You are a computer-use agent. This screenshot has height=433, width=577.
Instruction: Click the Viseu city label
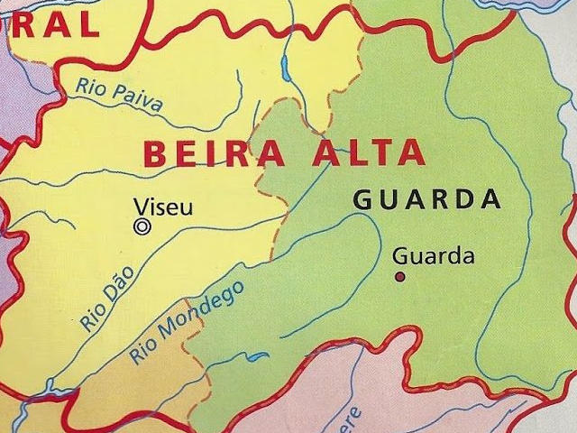pyautogui.click(x=162, y=207)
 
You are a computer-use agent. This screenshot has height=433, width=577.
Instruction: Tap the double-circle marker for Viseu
pyautogui.click(x=142, y=227)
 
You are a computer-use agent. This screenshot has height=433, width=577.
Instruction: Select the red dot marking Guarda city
pyautogui.click(x=399, y=276)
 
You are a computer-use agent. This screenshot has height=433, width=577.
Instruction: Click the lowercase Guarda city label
pyautogui.click(x=434, y=256)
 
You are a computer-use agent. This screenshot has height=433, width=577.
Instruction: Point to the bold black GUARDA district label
pyautogui.click(x=426, y=199)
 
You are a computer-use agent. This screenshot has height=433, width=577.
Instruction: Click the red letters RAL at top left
pyautogui.click(x=53, y=23)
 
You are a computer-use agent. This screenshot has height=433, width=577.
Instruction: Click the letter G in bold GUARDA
pyautogui.click(x=362, y=200)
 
